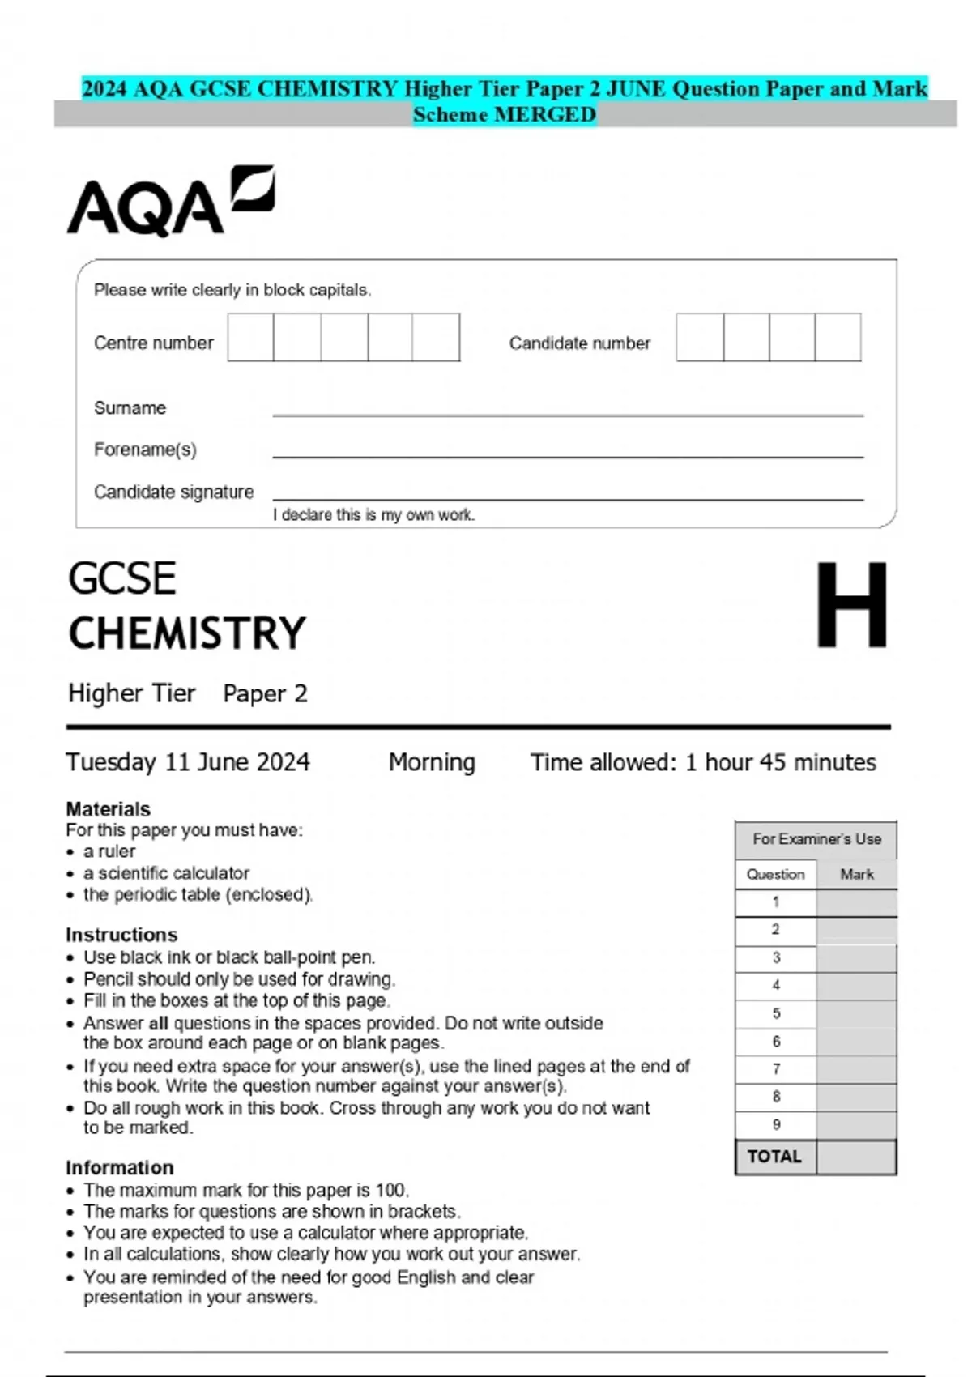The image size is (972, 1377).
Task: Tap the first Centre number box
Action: click(250, 338)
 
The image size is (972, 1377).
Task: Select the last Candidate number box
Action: click(838, 338)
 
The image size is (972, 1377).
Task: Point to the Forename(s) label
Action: click(145, 450)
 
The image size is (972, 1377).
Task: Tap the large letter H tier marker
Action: click(851, 605)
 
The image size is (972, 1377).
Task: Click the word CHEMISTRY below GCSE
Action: click(187, 633)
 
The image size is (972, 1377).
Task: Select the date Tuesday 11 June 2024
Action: click(188, 762)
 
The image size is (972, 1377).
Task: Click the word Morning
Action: click(432, 762)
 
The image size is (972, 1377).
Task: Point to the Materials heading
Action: click(108, 808)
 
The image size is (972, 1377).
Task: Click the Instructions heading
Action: click(122, 935)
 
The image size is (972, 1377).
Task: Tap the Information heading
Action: click(120, 1167)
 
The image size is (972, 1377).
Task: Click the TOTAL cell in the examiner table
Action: click(774, 1157)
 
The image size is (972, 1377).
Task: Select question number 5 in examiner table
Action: click(776, 1013)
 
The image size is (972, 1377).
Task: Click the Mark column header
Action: click(857, 874)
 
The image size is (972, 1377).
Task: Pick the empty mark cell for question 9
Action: click(856, 1124)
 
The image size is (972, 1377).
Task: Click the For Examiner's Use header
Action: click(816, 839)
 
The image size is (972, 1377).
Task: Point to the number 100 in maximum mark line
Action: click(390, 1190)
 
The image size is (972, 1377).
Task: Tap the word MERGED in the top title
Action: click(545, 115)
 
